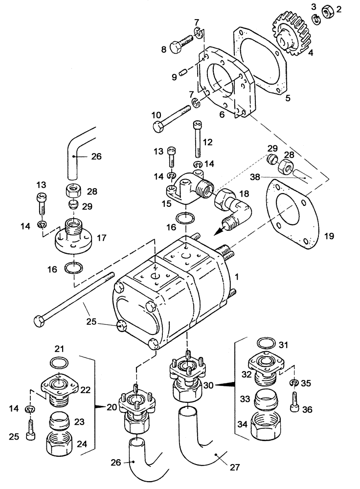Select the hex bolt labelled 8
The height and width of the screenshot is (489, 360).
click(180, 46)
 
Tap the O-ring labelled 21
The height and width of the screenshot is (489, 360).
click(60, 362)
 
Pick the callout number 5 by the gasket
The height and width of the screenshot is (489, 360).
click(288, 98)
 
